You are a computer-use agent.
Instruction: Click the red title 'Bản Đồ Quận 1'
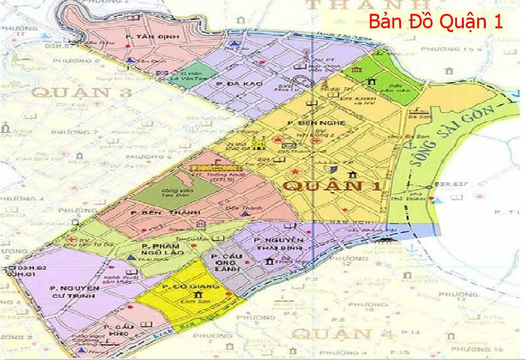436,21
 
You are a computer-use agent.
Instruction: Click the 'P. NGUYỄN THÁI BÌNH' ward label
279,246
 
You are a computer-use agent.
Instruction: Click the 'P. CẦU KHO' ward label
117,332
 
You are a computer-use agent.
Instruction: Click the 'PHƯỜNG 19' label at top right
465,48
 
